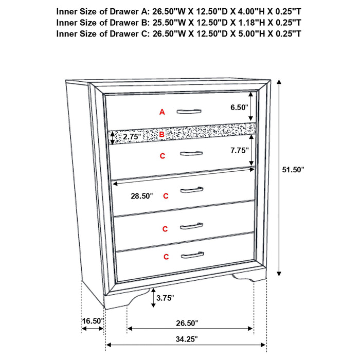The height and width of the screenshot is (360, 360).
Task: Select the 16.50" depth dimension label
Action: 93,321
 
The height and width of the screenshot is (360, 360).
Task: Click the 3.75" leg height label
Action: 165,298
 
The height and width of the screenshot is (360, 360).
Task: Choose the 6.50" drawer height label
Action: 240,107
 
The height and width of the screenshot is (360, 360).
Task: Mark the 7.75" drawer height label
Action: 240,150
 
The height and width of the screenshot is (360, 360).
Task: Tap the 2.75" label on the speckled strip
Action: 131,137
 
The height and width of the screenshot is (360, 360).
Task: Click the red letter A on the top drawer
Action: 162,112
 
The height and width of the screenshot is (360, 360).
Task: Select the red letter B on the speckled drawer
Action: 161,135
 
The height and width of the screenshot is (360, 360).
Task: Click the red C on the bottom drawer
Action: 166,256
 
